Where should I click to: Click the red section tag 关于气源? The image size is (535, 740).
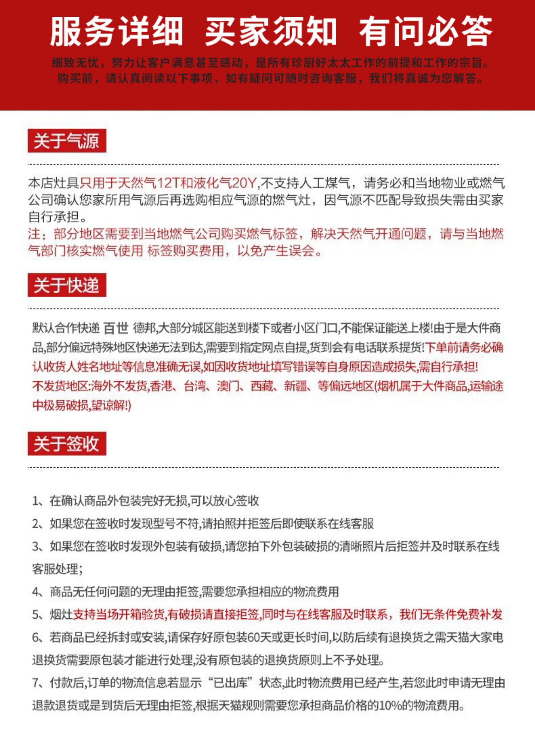coord(67,141)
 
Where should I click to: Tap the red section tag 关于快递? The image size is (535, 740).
coord(67,285)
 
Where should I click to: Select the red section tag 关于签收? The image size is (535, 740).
coord(67,443)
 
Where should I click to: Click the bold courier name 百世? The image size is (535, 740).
coord(116,328)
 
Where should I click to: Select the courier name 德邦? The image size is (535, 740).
coord(145,328)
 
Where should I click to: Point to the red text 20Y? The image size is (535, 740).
coord(244,183)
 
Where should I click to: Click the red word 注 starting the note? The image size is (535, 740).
coord(34,234)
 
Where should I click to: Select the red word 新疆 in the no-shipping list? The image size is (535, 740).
coord(295,386)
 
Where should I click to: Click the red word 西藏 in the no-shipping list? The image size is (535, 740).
coord(262,386)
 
